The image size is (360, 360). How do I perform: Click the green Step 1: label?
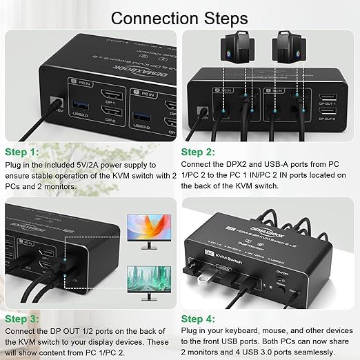click(x=22, y=150)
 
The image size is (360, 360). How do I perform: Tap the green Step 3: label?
click(x=22, y=319)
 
